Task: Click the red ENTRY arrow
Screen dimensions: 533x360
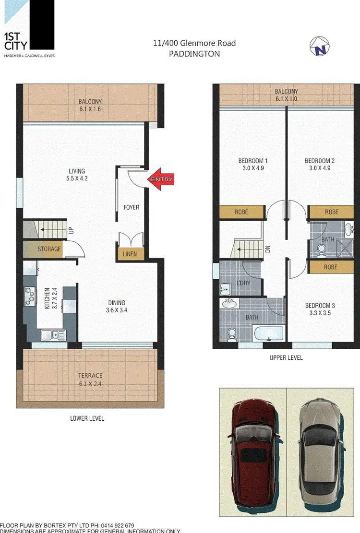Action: [160, 179]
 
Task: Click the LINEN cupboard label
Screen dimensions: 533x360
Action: [130, 254]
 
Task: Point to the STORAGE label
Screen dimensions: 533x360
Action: [49, 249]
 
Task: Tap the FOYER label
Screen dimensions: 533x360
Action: [132, 207]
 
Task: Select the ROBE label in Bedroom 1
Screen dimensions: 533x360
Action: [242, 212]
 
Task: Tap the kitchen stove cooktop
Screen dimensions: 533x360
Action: [30, 295]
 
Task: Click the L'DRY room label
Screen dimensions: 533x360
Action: [244, 283]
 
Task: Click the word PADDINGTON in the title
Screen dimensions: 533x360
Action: [194, 54]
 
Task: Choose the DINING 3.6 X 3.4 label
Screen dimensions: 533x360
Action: [117, 306]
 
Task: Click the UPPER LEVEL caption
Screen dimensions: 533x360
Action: [286, 358]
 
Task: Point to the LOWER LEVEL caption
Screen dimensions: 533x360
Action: [87, 418]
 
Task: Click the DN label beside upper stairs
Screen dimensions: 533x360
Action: [268, 249]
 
